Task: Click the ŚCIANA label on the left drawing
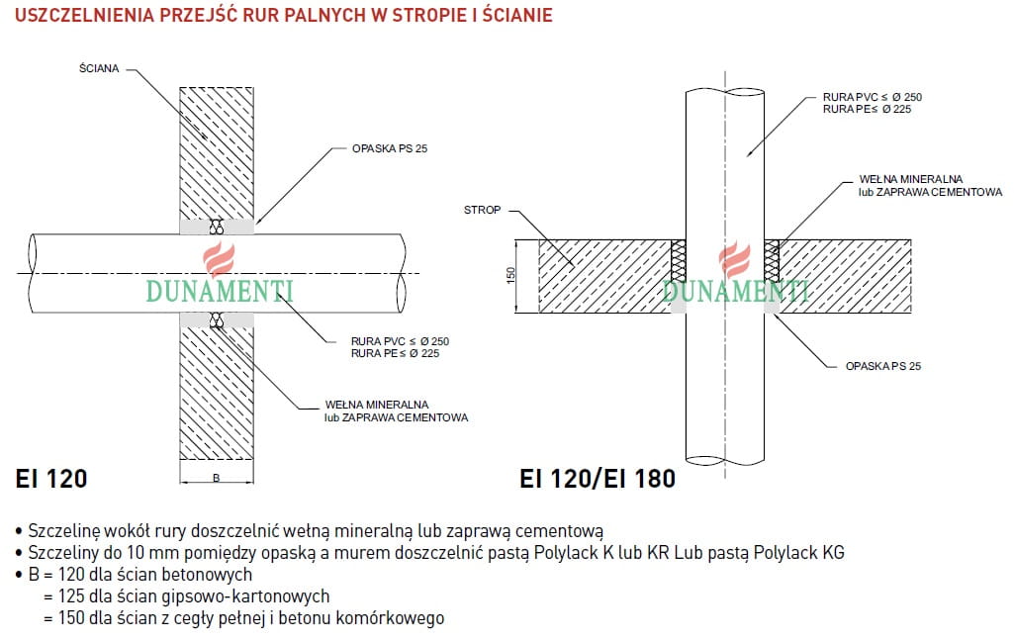[99, 68]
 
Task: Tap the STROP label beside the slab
[482, 210]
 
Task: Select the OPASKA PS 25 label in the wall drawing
[390, 148]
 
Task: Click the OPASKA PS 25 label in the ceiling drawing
[882, 366]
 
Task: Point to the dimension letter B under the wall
[216, 478]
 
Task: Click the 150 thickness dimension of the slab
[510, 275]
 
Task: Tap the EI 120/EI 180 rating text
[598, 479]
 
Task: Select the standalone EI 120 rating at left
[51, 479]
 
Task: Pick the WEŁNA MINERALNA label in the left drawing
[376, 405]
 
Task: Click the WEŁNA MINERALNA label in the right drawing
[910, 179]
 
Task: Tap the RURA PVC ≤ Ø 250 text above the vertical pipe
[873, 97]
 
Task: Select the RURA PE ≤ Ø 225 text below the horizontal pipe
[395, 353]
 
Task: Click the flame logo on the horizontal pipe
[220, 259]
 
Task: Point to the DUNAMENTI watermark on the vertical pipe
[736, 292]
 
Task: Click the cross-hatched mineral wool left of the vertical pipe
[679, 261]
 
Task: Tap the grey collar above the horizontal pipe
[217, 227]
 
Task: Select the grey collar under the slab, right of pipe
[772, 307]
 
